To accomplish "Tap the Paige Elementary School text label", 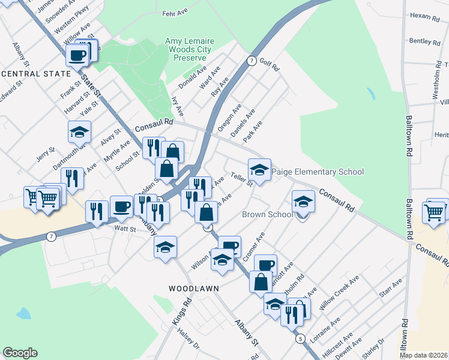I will coord(318,172).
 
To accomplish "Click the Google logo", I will coord(20,353).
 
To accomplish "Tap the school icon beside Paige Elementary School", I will coord(259,170).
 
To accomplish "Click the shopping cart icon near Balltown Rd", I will coord(433,212).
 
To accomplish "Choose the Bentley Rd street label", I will coord(424,41).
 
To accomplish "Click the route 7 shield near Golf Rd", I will coord(252,61).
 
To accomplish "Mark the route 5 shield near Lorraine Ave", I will coord(300,339).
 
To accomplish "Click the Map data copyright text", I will coord(424,355).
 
